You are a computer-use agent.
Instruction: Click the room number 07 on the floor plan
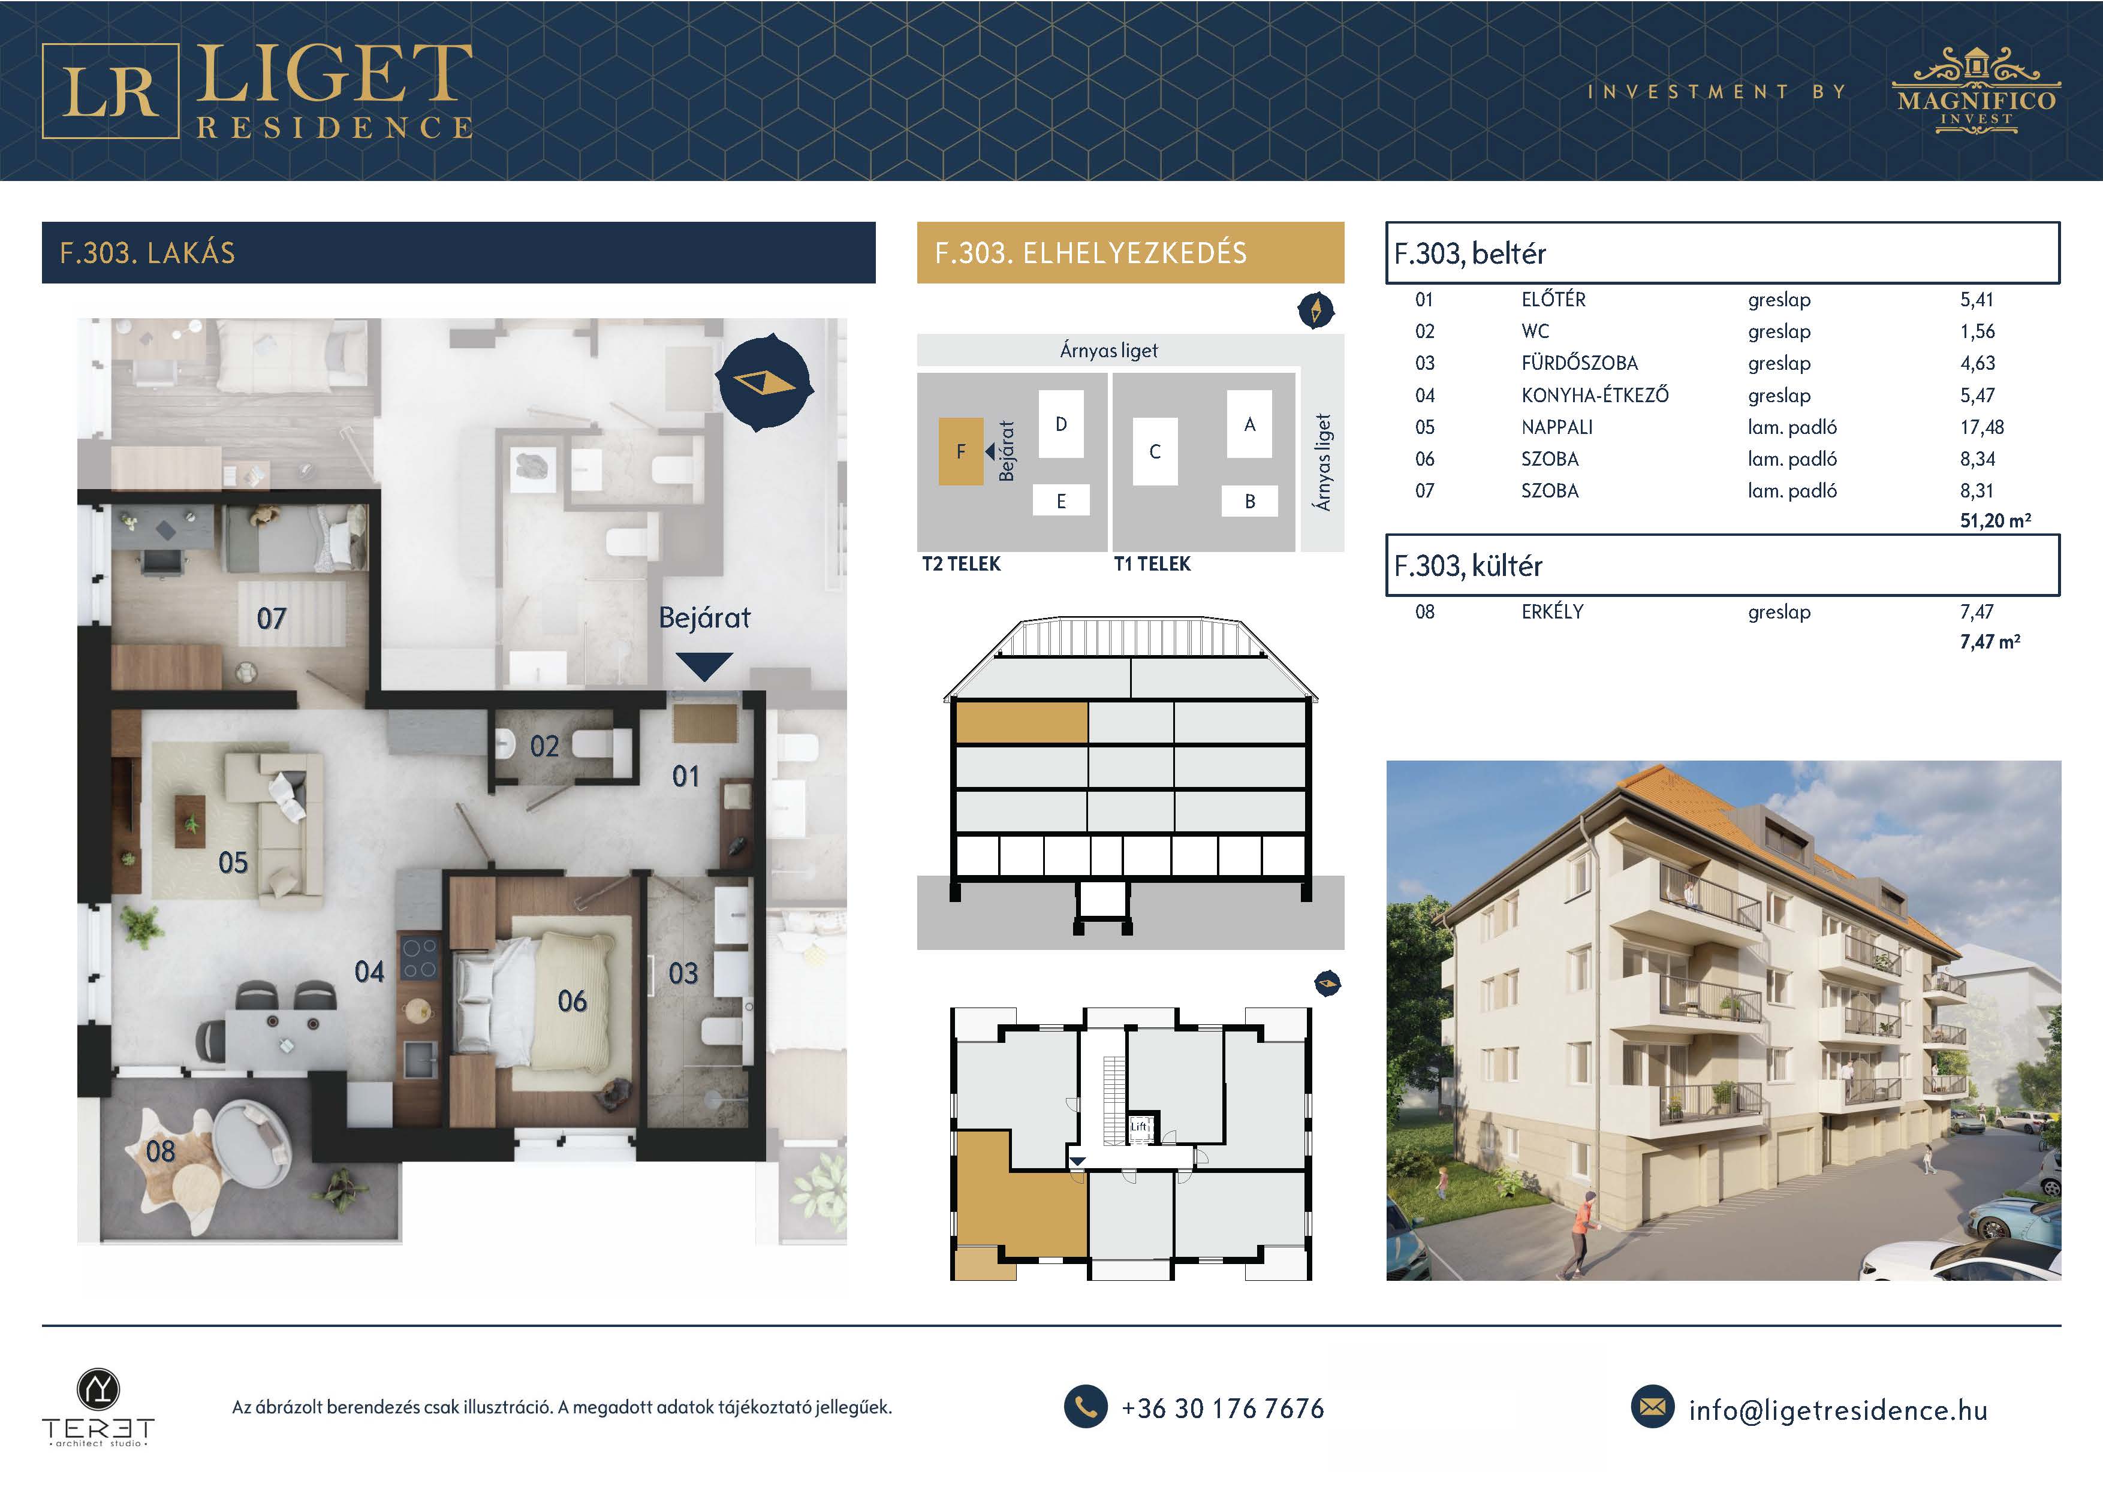271,619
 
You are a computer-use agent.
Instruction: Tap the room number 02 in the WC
544,746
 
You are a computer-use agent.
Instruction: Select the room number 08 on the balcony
160,1151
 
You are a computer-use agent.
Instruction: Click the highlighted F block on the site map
961,451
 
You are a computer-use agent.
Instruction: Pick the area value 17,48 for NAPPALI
1982,427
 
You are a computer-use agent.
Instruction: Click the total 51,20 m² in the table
1996,521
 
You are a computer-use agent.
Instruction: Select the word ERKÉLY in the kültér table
1553,612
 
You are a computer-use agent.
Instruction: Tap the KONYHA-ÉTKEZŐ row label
1595,396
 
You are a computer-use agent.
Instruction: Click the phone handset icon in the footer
1086,1407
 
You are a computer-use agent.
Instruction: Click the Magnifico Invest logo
1976,92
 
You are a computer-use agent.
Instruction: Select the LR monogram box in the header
110,91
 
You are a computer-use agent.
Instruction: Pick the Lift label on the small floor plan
1138,1126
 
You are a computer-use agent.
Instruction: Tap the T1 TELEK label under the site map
1152,564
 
